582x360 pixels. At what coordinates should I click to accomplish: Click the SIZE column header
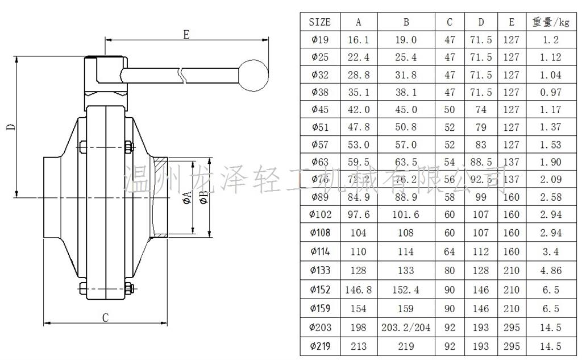(319, 22)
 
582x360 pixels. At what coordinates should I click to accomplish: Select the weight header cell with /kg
(550, 22)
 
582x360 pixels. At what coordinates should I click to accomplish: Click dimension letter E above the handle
(186, 34)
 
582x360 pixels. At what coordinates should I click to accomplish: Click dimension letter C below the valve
(105, 317)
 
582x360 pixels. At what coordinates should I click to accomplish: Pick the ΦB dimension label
(203, 197)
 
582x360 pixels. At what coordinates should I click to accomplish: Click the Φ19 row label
(319, 40)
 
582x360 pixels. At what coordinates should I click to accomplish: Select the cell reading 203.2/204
(406, 328)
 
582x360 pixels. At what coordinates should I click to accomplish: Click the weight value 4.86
(550, 271)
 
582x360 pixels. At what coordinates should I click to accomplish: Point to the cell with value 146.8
(358, 290)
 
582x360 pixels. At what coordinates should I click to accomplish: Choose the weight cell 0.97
(550, 92)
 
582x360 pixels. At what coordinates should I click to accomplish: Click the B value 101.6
(406, 215)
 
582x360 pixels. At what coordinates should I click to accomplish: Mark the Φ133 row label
(319, 271)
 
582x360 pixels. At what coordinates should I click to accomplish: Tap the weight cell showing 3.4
(550, 251)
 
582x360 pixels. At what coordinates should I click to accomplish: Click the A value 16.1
(358, 40)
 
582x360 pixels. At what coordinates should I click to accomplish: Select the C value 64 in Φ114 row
(450, 251)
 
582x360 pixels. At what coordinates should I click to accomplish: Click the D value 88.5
(481, 163)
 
